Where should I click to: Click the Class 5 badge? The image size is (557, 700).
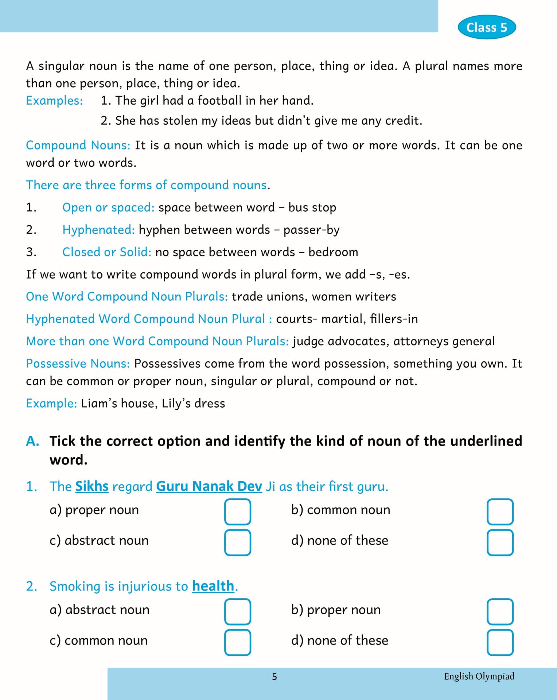click(x=487, y=27)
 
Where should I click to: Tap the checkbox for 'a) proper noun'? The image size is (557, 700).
click(x=238, y=512)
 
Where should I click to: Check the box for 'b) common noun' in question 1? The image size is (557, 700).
click(x=500, y=512)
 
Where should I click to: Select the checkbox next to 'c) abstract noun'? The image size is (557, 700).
click(x=238, y=542)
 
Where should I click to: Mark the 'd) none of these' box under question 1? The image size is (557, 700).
click(x=500, y=542)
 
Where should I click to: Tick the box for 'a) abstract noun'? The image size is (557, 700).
click(x=238, y=611)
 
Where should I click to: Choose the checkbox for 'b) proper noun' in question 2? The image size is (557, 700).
click(x=500, y=611)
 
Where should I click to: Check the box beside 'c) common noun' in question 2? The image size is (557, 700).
click(x=238, y=642)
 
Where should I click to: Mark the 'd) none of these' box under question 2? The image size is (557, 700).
click(x=500, y=642)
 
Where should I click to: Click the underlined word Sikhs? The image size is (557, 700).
click(x=92, y=486)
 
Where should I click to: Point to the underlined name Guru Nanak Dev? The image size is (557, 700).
click(x=209, y=486)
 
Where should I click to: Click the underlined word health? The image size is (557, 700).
click(x=213, y=586)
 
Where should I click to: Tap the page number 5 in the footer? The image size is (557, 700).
click(x=274, y=677)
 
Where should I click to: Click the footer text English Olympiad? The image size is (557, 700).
click(x=479, y=676)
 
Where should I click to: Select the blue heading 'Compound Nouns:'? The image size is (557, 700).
click(x=78, y=145)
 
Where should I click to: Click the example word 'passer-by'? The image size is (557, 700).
click(x=311, y=230)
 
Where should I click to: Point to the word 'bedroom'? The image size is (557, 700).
click(x=333, y=252)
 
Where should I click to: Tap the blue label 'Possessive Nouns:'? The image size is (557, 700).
click(x=78, y=363)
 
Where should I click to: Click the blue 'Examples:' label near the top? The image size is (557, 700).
click(x=54, y=101)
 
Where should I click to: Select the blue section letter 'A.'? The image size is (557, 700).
click(x=32, y=441)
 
